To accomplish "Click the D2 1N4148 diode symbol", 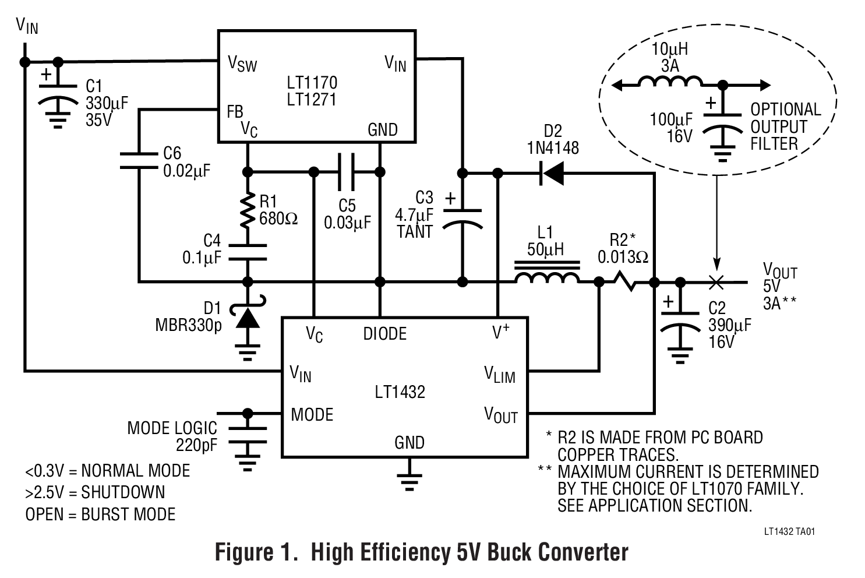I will [551, 173].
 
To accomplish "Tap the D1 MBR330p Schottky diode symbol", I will [248, 317].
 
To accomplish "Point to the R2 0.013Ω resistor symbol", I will [626, 282].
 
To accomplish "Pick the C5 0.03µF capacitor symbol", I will [347, 171].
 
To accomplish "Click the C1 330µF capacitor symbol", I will [57, 93].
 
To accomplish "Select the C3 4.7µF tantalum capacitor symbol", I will [462, 217].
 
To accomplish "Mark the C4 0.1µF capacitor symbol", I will [248, 252].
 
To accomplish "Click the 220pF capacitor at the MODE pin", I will [248, 435].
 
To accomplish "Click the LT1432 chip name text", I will [400, 392].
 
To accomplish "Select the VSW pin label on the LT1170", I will [242, 63].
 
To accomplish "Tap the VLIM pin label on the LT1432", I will [500, 375].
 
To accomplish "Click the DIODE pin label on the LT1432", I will [384, 334].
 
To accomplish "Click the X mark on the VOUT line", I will [716, 282].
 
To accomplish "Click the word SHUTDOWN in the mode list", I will [123, 492].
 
